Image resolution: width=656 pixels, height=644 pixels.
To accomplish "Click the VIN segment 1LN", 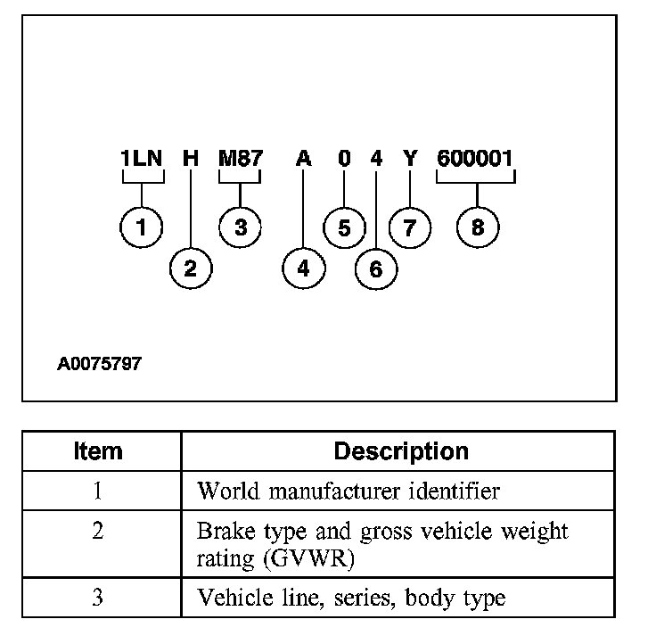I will [142, 160].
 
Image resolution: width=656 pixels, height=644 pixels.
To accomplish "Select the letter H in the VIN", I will [191, 160].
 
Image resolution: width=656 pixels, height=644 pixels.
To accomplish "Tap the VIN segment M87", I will [241, 160].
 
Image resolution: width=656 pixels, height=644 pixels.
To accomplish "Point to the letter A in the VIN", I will [304, 160].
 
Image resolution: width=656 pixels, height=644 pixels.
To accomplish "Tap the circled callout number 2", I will [191, 267].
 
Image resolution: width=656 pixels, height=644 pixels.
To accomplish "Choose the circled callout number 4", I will [304, 267].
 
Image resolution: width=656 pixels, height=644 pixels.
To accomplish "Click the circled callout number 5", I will [344, 227].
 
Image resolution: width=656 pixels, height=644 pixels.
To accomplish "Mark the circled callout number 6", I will [375, 268].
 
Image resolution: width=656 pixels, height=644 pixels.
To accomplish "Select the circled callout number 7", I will [409, 227].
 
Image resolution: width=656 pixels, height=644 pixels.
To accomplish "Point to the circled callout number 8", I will [478, 227].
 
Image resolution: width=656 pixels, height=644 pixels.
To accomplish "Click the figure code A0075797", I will [99, 364].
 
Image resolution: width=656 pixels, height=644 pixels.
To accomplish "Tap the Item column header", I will [98, 450].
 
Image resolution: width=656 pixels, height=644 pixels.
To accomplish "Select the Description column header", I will [400, 450].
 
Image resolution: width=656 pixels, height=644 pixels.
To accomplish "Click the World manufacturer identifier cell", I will [348, 491].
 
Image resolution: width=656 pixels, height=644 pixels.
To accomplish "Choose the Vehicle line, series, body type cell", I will [350, 597].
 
